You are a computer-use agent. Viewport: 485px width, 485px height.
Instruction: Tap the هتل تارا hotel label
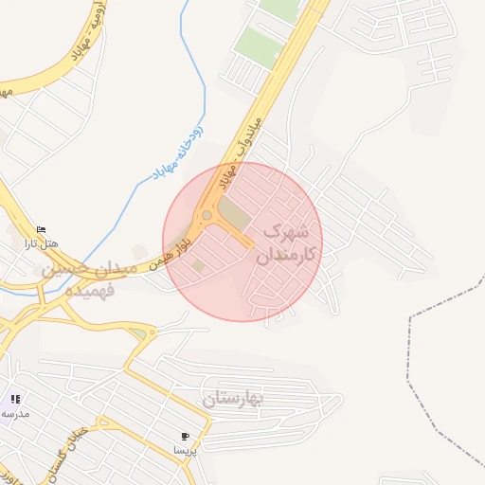42,243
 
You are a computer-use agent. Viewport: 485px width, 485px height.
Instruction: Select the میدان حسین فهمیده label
80,280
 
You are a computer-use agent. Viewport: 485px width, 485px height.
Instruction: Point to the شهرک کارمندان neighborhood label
285,242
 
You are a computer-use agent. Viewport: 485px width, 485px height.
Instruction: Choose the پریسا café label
185,450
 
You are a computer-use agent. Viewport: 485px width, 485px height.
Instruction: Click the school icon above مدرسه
15,399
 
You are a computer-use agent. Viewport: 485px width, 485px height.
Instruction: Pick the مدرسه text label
14,413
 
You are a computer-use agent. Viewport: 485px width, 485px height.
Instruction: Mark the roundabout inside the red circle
206,215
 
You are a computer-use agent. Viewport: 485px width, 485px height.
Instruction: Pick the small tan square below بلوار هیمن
198,264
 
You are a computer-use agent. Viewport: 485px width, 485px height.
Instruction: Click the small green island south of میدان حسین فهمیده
140,333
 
